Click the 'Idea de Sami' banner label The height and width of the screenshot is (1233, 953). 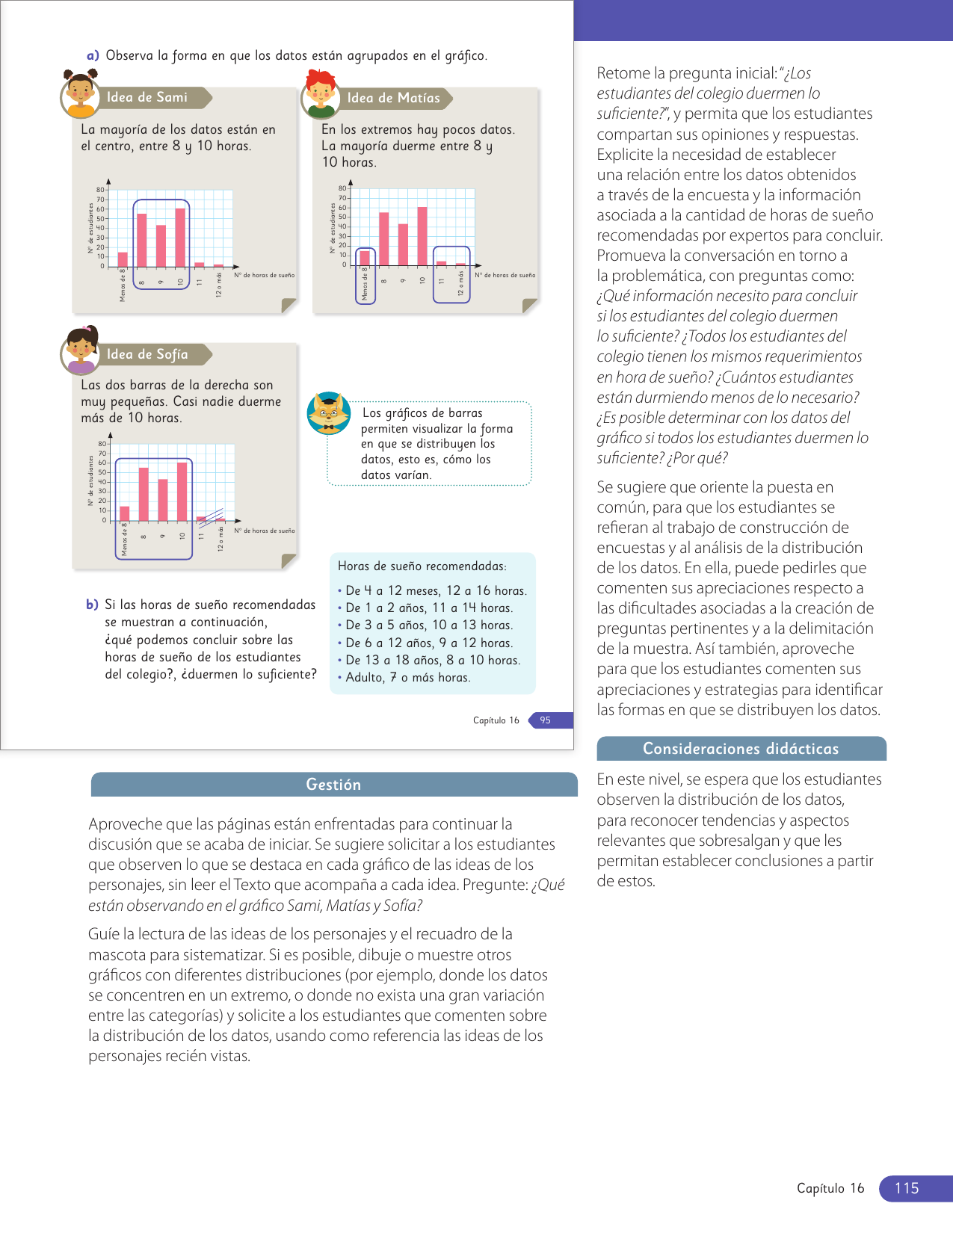coord(147,97)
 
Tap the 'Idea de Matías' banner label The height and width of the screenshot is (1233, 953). coord(393,98)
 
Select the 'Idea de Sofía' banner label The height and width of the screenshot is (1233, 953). coord(147,354)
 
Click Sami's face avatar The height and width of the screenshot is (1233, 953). coord(80,94)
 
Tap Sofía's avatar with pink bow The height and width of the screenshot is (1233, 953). coord(81,350)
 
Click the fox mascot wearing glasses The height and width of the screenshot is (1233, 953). coord(328,413)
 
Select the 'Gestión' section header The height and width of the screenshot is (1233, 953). coord(333,785)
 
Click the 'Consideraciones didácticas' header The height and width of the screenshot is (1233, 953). coord(741,749)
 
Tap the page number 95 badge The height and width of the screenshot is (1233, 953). coord(546,720)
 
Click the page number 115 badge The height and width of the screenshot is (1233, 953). coord(907,1188)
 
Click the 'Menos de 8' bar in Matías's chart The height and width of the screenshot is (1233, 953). coord(365,258)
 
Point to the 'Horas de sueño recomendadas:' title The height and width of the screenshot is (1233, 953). coord(422,566)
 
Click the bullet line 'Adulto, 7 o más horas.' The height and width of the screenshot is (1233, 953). coord(407,678)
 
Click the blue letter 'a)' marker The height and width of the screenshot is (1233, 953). coord(93,55)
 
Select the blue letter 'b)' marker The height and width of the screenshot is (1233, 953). coord(92,605)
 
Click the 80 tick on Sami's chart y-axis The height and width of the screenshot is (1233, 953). coord(100,190)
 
